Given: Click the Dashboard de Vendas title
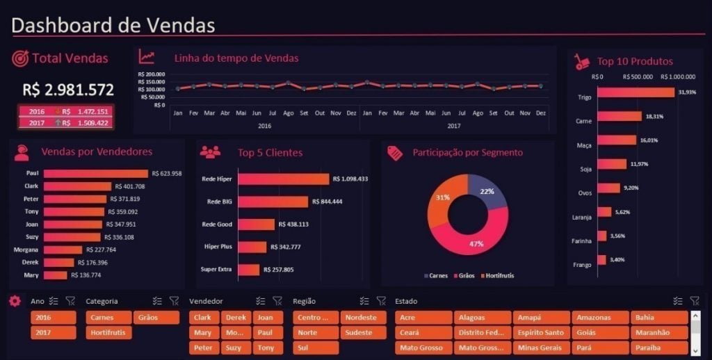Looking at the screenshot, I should [x=113, y=25].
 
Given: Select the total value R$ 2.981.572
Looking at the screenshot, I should [x=68, y=90].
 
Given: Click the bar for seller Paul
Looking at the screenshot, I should [x=96, y=174].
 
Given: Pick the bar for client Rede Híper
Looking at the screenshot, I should [x=284, y=179].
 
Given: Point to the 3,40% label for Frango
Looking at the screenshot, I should [x=617, y=259].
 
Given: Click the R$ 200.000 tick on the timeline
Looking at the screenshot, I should [x=152, y=74].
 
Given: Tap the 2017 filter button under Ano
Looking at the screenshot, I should [x=53, y=333].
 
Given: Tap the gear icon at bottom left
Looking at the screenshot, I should [x=15, y=301].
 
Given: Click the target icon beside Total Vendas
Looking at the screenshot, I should [x=20, y=58].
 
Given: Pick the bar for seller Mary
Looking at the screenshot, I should [x=56, y=275].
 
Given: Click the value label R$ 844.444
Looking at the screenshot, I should [x=330, y=202].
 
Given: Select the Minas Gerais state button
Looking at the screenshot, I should [x=540, y=348].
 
